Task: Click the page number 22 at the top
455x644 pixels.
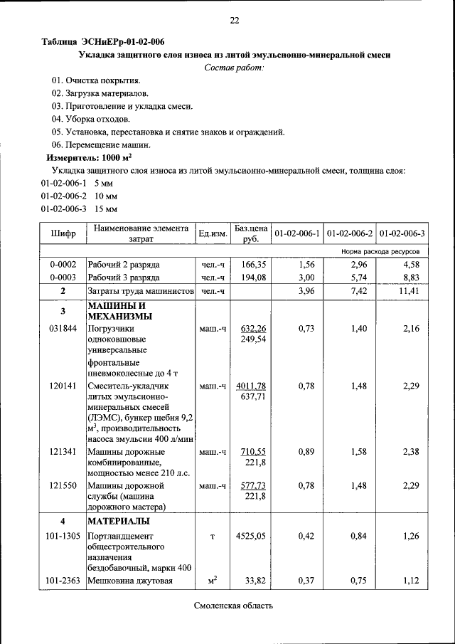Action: click(x=234, y=20)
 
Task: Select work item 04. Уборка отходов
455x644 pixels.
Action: click(x=90, y=119)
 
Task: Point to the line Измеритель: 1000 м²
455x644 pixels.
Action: click(x=89, y=157)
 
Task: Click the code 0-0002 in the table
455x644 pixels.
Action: click(x=63, y=265)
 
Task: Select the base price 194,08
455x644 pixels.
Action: click(x=252, y=278)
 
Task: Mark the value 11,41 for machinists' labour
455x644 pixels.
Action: click(x=409, y=291)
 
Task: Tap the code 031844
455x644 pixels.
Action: click(x=63, y=329)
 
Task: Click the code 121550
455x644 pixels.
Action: click(x=63, y=485)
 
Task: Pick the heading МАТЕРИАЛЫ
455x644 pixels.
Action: click(x=118, y=521)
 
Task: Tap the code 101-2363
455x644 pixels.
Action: click(x=63, y=581)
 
